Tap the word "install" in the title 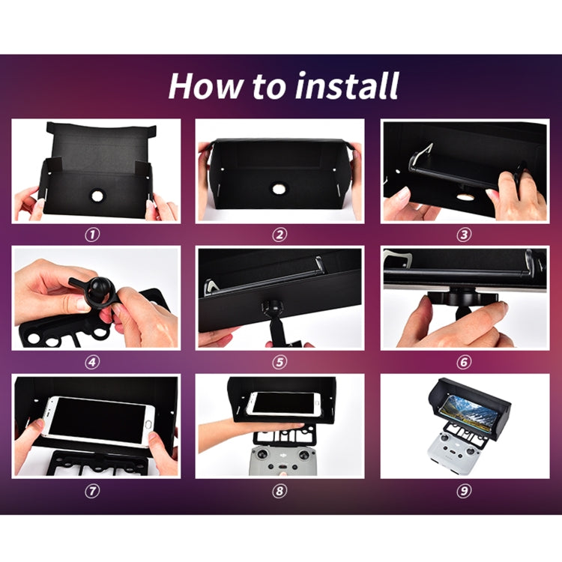point(347,85)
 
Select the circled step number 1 point(92,235)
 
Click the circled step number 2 point(280,235)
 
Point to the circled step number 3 point(464,235)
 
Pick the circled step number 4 point(92,362)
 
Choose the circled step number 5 point(280,362)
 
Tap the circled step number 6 point(464,362)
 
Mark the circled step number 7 point(92,491)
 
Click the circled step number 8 point(280,491)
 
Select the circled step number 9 point(464,491)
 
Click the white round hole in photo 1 point(97,196)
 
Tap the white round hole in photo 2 point(278,189)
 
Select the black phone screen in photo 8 point(285,403)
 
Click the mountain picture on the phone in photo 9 point(471,411)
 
